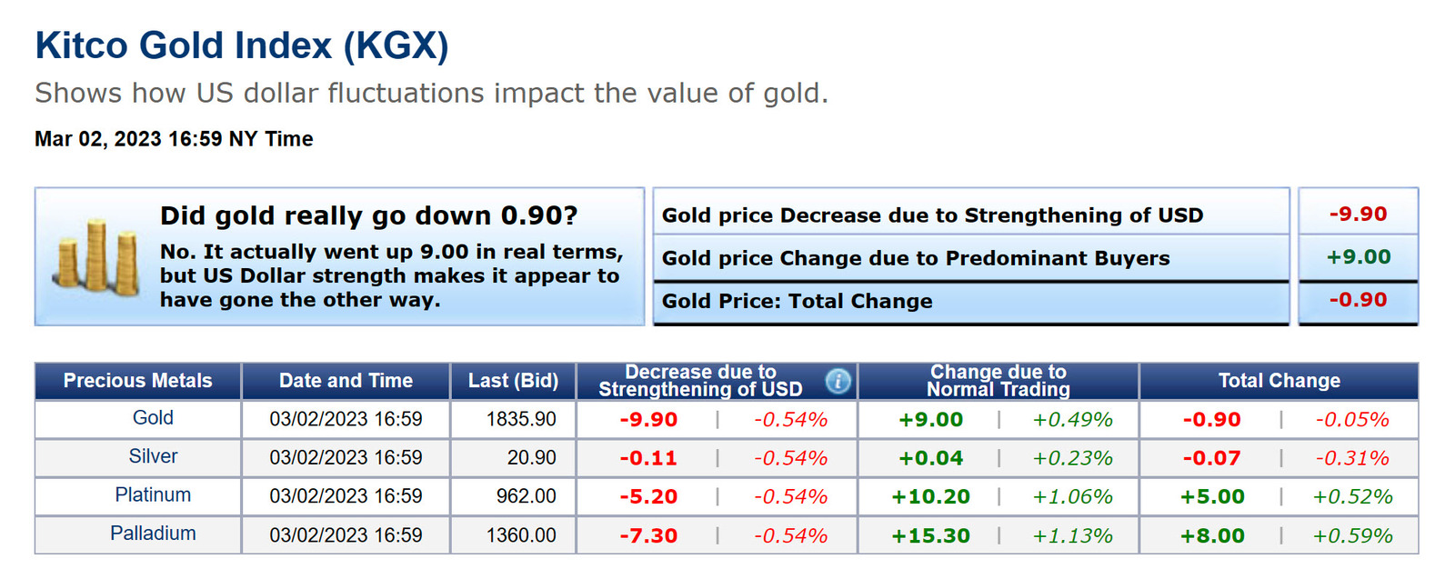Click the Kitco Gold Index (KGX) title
pyautogui.click(x=242, y=45)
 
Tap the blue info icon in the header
pyautogui.click(x=838, y=381)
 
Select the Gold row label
pyautogui.click(x=153, y=418)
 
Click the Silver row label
pyautogui.click(x=153, y=456)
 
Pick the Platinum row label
pyautogui.click(x=153, y=495)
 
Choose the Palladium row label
pyautogui.click(x=153, y=534)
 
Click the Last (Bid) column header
pyautogui.click(x=513, y=381)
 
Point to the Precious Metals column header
pyautogui.click(x=137, y=381)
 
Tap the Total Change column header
pyautogui.click(x=1279, y=381)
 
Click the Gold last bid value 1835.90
pyautogui.click(x=521, y=419)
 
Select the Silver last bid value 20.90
pyautogui.click(x=531, y=458)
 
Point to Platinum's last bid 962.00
pyautogui.click(x=526, y=496)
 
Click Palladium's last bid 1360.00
pyautogui.click(x=521, y=535)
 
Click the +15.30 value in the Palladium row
pyautogui.click(x=930, y=536)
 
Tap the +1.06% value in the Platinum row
pyautogui.click(x=1072, y=497)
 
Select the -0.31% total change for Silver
pyautogui.click(x=1351, y=458)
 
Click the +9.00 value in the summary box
pyautogui.click(x=1358, y=257)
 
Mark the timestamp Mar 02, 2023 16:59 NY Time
pyautogui.click(x=174, y=139)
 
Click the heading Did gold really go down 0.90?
pyautogui.click(x=368, y=215)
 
